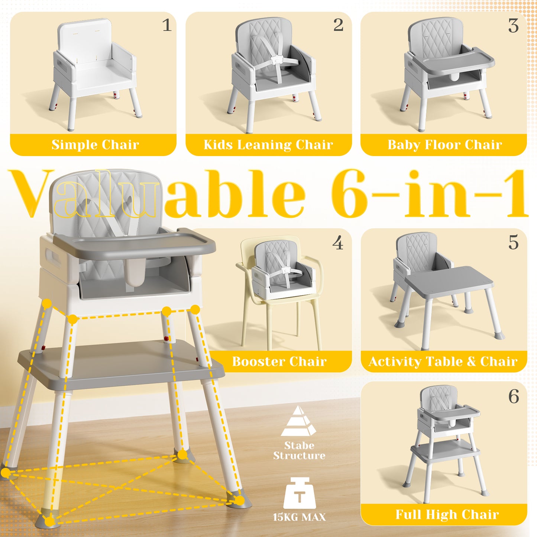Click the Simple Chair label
tap(95, 145)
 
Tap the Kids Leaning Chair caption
tap(268, 145)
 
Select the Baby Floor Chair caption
tap(444, 145)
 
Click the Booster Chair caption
tap(279, 361)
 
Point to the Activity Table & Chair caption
tap(443, 361)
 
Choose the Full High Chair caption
tap(447, 514)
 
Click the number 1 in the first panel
tap(167, 26)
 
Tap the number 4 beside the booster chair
tap(337, 243)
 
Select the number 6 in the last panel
tap(514, 397)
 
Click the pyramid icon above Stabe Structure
tap(298, 422)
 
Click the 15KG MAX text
tap(299, 517)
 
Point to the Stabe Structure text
tap(299, 450)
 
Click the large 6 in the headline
tap(349, 193)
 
